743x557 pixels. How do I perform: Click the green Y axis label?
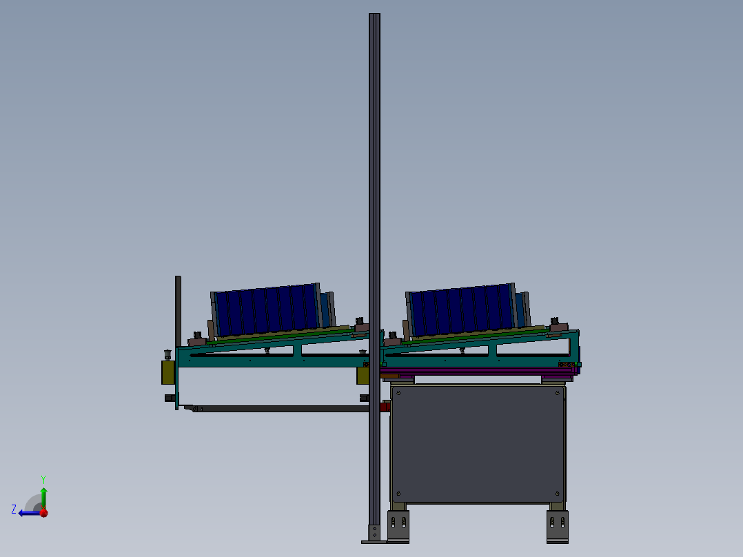click(43, 479)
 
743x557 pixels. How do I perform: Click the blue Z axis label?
click(14, 509)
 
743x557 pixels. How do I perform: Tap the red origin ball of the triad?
click(43, 512)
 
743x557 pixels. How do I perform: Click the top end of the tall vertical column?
click(374, 14)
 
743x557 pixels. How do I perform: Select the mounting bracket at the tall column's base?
click(374, 534)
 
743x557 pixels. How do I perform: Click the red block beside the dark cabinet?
click(385, 406)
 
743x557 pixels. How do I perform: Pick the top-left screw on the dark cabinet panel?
click(398, 392)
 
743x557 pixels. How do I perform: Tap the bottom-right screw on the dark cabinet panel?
click(557, 494)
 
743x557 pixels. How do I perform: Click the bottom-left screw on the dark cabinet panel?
click(398, 494)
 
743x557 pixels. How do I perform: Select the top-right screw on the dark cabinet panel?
click(557, 392)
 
